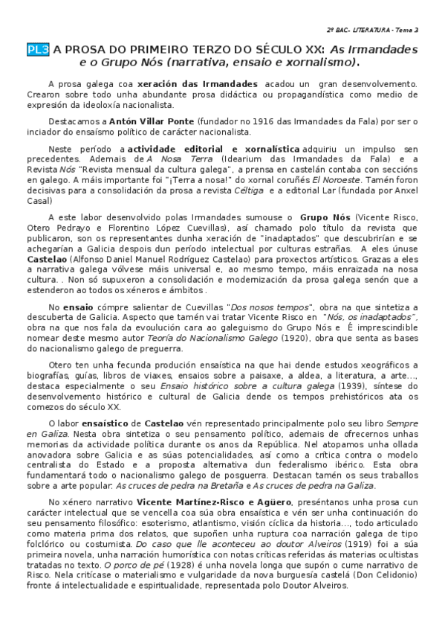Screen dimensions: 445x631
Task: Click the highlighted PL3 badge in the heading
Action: (x=38, y=50)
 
